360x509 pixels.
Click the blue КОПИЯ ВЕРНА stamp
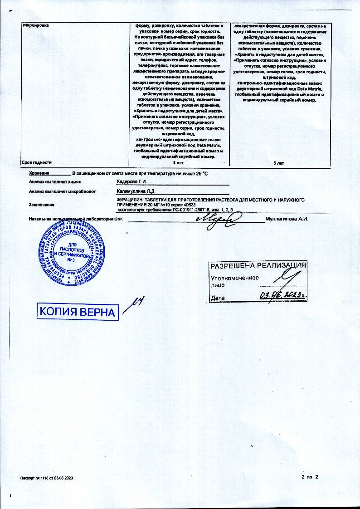[x=78, y=312]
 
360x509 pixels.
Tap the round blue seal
[x=70, y=254]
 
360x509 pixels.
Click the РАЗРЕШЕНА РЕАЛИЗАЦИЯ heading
[x=258, y=266]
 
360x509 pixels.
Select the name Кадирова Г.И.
[x=132, y=182]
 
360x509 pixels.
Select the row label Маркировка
[x=35, y=25]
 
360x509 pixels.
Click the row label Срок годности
[x=37, y=162]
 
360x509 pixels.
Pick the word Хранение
[x=39, y=173]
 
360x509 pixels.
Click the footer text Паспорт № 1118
[x=39, y=479]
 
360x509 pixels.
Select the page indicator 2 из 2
[x=310, y=477]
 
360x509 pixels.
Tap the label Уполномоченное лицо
[x=234, y=282]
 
